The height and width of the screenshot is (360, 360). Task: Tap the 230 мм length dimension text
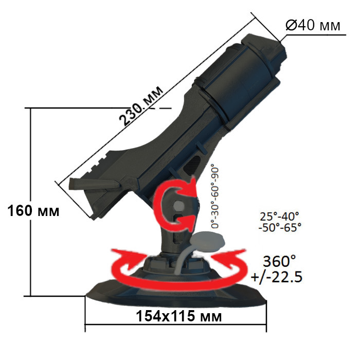pos(141,105)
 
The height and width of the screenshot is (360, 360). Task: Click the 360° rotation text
pos(280,260)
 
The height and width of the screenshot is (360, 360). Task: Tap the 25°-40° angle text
pos(280,216)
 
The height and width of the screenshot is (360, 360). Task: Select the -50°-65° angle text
pos(280,227)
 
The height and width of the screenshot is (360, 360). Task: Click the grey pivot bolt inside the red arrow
pos(178,205)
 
